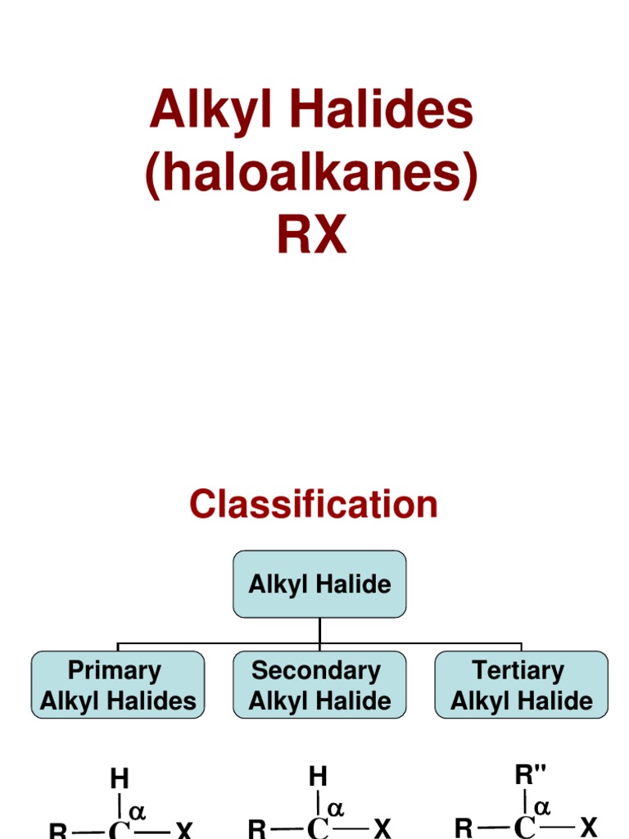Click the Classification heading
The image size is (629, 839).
314,504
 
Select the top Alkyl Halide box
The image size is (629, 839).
319,584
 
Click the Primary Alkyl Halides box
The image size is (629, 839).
118,685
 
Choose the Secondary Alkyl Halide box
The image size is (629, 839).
319,685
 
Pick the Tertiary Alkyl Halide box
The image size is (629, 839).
521,685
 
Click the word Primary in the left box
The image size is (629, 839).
115,670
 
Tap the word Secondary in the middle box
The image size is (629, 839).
316,670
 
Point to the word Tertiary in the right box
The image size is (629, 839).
518,670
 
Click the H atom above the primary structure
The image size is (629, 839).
120,778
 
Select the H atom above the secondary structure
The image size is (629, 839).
318,775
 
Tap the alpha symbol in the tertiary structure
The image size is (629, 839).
542,807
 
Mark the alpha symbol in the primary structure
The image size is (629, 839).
138,810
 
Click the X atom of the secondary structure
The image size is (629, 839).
382,828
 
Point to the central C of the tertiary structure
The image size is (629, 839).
523,829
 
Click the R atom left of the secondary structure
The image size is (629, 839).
257,829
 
